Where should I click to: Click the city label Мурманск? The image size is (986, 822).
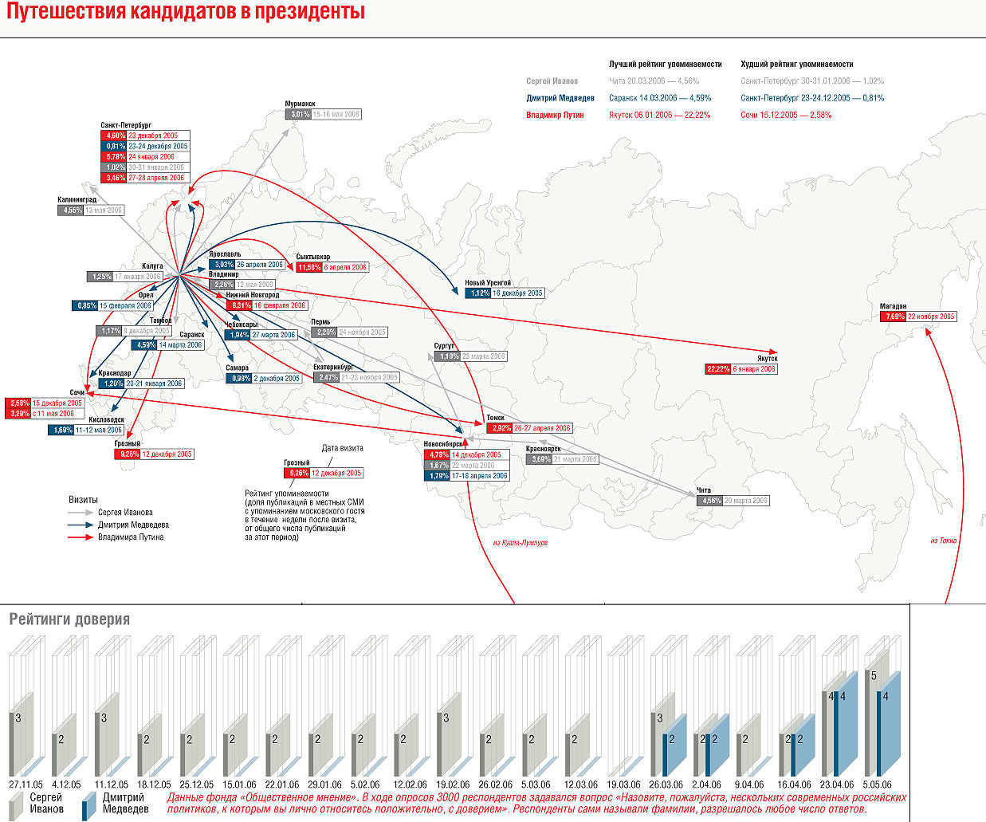301,104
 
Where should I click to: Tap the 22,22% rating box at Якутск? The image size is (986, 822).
717,369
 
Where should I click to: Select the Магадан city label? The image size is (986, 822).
893,306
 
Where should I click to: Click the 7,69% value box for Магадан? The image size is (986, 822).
893,317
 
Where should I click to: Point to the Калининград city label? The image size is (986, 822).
77,199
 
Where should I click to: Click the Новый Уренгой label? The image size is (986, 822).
488,283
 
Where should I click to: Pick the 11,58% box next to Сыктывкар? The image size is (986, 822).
308,267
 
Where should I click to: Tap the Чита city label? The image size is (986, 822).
703,490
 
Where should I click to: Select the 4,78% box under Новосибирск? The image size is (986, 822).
438,454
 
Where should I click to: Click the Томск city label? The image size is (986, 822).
495,418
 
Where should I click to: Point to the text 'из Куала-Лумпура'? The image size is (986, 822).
520,543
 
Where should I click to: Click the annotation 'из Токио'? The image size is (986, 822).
943,541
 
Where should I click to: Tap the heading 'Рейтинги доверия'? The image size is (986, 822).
69,619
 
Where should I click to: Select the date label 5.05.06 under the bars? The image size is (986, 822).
877,785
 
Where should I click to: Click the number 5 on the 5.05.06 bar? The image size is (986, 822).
874,676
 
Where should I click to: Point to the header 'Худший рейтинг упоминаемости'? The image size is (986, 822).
796,64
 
